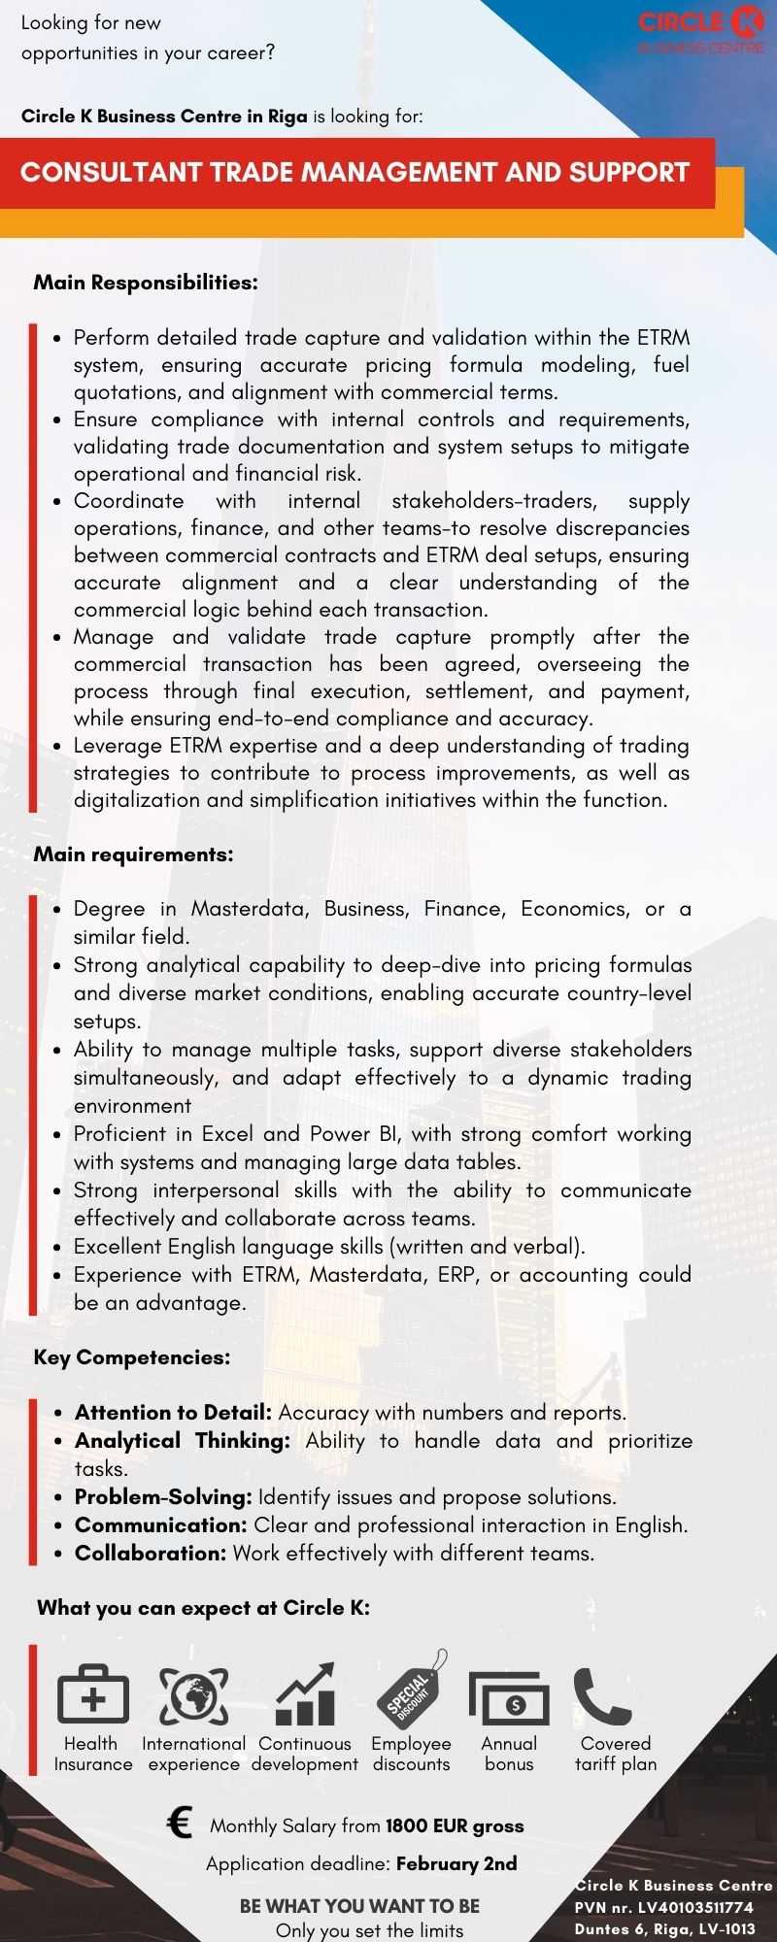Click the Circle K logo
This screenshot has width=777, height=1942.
coord(701,29)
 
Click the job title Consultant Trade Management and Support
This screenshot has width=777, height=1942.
coord(355,173)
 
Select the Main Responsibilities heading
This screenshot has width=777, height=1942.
coord(146,283)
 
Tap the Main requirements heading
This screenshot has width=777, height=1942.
coord(134,854)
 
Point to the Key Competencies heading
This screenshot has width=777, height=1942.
coord(132,1357)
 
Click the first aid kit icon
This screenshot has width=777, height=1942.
coord(93,1694)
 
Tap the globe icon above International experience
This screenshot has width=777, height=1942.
coord(194,1695)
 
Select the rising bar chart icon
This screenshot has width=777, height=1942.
coord(305,1694)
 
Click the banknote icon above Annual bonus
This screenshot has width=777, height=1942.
coord(509,1698)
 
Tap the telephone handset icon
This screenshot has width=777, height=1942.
coord(602,1695)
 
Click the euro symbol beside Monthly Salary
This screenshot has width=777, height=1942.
coord(180,1823)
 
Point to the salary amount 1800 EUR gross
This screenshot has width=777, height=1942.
coord(455,1825)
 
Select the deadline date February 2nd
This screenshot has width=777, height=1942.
coord(456,1863)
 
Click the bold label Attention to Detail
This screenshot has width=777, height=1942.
coord(173,1413)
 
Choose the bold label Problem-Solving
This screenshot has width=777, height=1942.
coord(163,1497)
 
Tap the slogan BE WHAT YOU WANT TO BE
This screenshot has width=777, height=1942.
coord(359,1906)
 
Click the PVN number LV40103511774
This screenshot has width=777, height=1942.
coord(695,1907)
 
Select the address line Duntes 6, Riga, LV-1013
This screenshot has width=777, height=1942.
coord(664,1928)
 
